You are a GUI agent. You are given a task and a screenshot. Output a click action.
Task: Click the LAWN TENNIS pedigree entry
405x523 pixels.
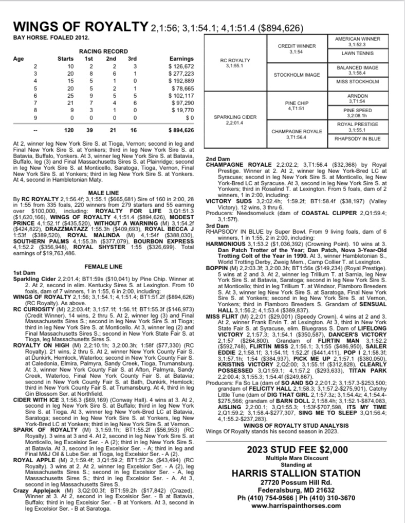[357, 53]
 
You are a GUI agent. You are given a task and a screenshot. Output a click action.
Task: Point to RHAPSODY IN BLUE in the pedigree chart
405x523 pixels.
[357, 138]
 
